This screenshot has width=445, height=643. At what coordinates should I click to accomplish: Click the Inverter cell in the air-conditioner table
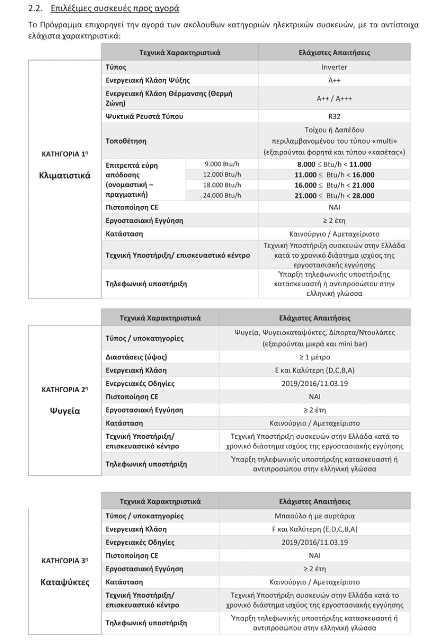point(334,67)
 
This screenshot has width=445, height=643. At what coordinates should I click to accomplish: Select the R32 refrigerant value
point(334,117)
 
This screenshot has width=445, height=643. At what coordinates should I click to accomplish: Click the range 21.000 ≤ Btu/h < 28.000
point(334,196)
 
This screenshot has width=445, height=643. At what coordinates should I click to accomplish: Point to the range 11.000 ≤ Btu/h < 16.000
point(334,175)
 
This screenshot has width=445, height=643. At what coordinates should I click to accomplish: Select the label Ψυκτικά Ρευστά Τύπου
point(144,117)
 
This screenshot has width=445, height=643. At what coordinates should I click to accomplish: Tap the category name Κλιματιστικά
point(65,176)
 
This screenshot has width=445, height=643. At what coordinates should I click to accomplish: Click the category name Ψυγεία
point(65,410)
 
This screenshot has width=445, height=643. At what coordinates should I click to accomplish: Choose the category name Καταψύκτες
point(65,582)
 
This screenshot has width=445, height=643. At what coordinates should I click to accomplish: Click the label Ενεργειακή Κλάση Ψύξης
point(148,80)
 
